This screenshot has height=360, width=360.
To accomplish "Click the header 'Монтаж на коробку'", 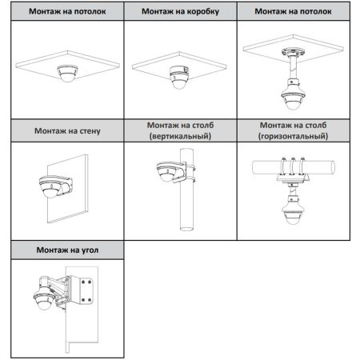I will tap(179, 13).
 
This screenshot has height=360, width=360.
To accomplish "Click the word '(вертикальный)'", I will tap(179, 138).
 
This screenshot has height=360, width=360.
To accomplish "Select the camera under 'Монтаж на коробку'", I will tap(178, 77).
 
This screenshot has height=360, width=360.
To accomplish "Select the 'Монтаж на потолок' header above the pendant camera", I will tap(293, 13).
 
